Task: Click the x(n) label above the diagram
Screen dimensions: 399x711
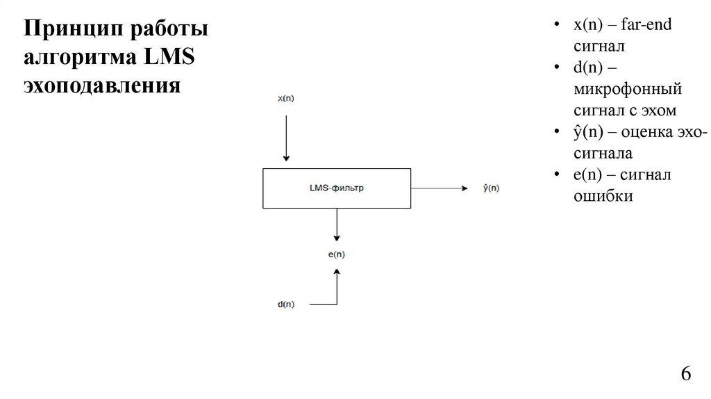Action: tap(285, 98)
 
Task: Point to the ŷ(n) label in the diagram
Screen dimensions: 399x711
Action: tap(490, 188)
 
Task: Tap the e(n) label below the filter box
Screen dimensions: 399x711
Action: tap(336, 254)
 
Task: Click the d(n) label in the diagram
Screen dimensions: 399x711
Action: tap(285, 304)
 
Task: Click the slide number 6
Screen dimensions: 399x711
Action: tap(686, 374)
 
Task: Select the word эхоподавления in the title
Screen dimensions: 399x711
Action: tap(102, 87)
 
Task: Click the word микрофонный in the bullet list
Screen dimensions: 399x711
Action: tap(628, 89)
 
